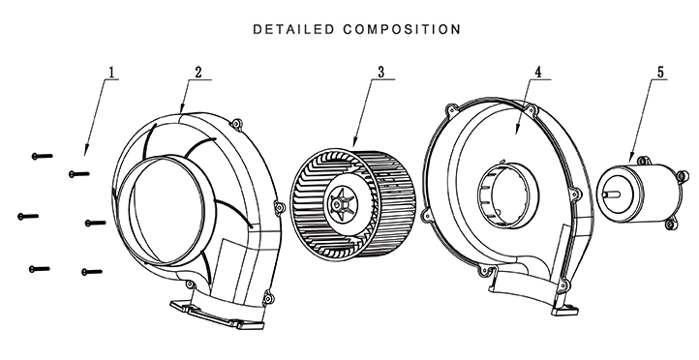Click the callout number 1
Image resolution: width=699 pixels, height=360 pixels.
112,72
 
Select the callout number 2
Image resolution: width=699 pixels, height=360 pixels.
198,72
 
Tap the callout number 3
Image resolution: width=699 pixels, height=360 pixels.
380,72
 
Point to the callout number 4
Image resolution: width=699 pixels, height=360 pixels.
537,72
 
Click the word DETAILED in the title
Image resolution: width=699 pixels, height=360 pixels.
293,29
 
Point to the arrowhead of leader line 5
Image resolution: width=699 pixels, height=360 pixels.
630,159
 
